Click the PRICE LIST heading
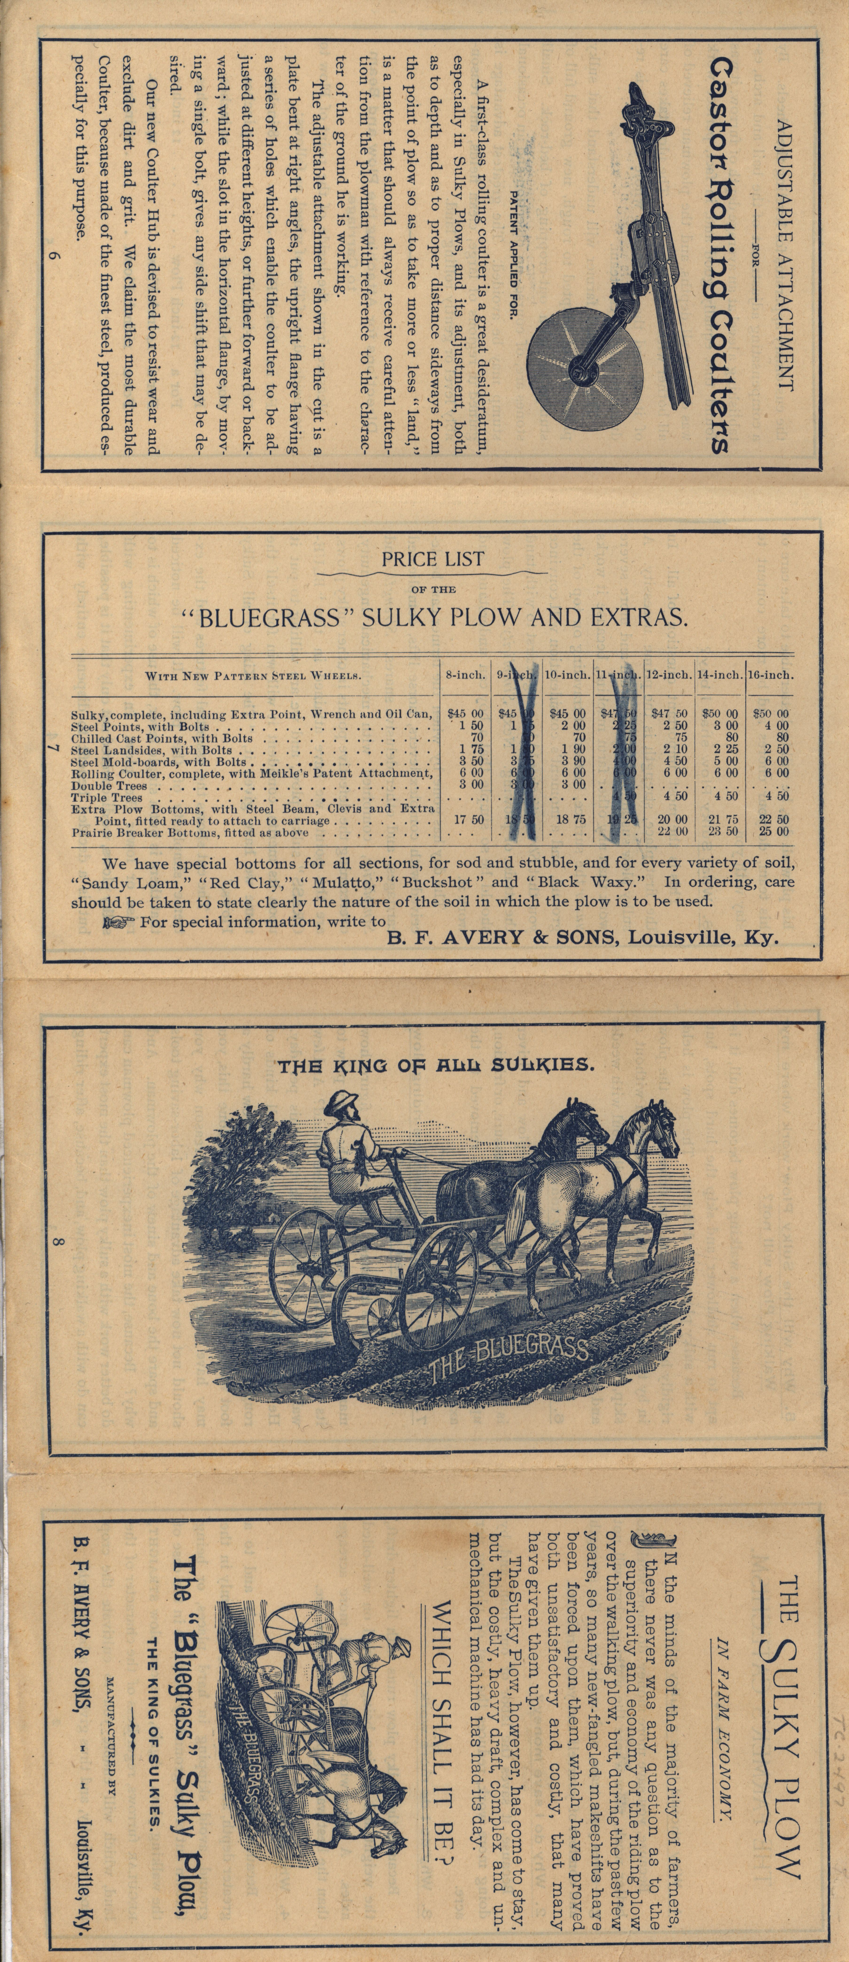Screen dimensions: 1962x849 coord(433,559)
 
